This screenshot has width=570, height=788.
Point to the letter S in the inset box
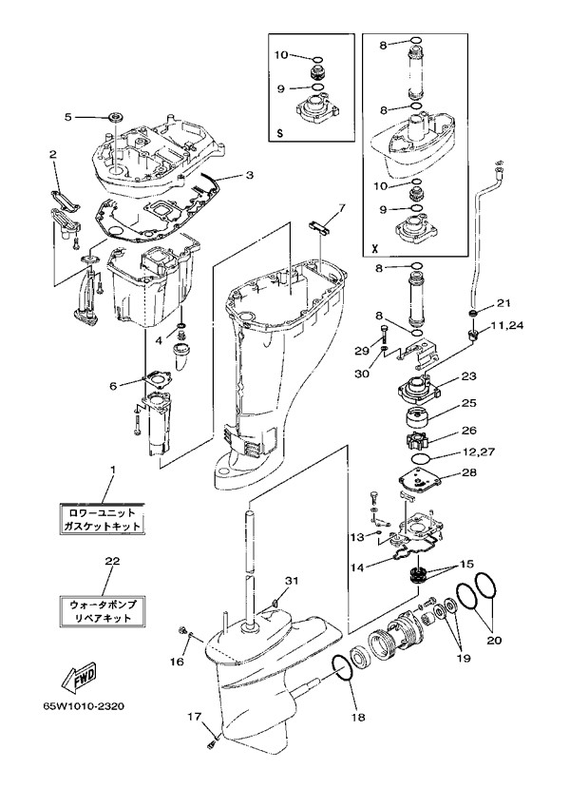pos(278,133)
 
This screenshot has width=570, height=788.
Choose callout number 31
pos(292,581)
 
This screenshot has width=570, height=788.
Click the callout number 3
pos(249,176)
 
